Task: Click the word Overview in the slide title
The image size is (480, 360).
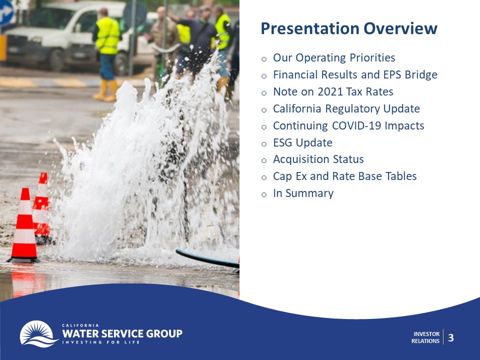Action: click(400, 28)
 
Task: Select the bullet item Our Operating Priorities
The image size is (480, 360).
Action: click(334, 58)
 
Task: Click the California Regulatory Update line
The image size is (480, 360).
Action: click(346, 109)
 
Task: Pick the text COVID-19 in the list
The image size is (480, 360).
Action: click(356, 125)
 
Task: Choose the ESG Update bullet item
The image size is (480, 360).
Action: click(302, 142)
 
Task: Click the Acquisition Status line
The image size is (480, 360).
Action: click(318, 159)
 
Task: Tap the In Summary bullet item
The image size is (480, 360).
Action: click(303, 193)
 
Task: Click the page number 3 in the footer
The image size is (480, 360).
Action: click(451, 337)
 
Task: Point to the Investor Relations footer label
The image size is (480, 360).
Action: click(425, 337)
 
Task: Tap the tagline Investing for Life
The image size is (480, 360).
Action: click(101, 342)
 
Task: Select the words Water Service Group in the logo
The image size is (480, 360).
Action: click(122, 333)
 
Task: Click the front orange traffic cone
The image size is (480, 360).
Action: click(24, 225)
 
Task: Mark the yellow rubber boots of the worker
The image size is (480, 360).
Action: click(106, 90)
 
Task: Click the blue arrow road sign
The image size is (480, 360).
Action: click(6, 13)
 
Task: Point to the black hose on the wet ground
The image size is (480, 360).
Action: click(207, 259)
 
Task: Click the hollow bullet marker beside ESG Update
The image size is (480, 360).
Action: click(264, 144)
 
